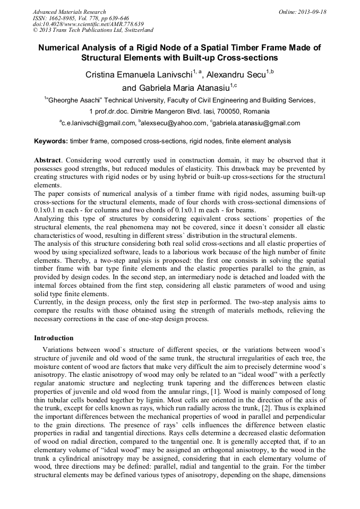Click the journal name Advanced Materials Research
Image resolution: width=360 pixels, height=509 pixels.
pos(69,12)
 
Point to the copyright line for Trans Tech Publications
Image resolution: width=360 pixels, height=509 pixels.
pos(93,31)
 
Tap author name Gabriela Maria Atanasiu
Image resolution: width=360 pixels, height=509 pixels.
pos(183,88)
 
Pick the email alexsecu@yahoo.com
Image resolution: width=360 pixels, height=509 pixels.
pos(174,123)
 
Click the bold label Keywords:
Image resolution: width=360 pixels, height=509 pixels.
pos(51,141)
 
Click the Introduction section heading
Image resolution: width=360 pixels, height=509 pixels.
pos(54,338)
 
